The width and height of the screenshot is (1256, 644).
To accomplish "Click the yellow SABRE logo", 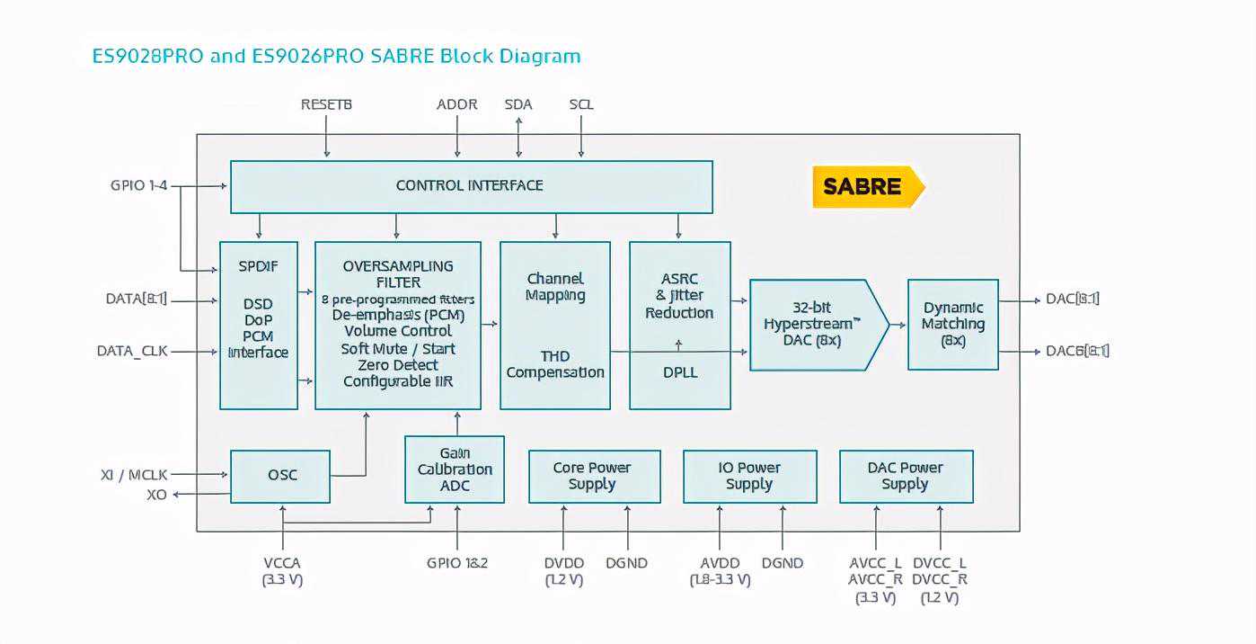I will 863,187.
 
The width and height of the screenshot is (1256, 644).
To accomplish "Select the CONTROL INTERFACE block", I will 471,186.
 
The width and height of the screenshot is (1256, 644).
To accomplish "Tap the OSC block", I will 281,475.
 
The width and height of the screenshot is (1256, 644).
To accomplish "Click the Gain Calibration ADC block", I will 455,470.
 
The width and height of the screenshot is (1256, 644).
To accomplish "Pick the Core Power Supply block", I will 593,476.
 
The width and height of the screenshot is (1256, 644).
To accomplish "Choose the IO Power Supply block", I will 749,476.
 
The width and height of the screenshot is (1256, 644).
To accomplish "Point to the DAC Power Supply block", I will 906,476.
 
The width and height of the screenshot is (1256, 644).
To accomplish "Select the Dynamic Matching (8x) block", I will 953,324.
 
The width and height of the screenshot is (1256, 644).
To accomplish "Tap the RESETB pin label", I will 326,104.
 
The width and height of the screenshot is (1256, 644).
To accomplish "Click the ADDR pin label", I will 456,104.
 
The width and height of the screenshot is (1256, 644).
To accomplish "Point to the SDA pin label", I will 518,104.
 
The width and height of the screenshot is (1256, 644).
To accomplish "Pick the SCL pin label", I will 581,104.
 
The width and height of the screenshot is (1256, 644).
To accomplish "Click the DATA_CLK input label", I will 132,351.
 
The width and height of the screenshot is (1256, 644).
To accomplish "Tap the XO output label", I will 157,495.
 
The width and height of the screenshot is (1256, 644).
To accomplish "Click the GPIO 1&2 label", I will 456,563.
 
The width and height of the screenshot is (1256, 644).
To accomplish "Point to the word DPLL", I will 679,371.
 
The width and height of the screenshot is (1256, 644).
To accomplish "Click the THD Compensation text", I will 555,364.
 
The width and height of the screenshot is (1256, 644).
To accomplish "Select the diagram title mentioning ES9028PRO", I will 337,56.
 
